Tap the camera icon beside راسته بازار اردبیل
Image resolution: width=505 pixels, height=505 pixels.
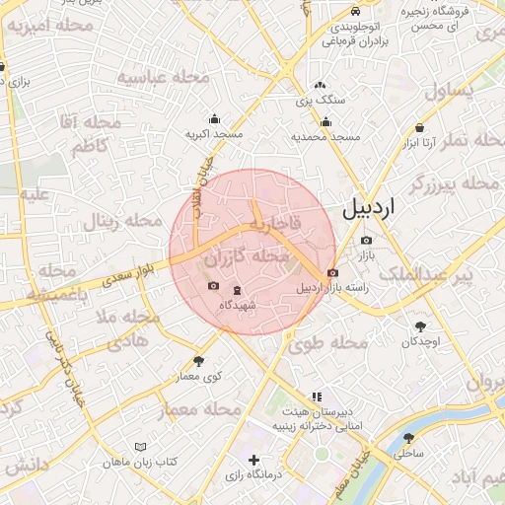(x=332, y=272)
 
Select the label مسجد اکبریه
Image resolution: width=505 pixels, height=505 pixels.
(x=214, y=132)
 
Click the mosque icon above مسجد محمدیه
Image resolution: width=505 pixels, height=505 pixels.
(x=325, y=122)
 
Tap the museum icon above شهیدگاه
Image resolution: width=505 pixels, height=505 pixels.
(x=236, y=289)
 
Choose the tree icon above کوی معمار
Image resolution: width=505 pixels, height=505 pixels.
(x=199, y=361)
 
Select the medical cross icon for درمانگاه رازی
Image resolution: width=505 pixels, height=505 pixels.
(x=253, y=460)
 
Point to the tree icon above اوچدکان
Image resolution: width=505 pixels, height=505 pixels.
(x=420, y=325)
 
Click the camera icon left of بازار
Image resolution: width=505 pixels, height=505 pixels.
(x=367, y=240)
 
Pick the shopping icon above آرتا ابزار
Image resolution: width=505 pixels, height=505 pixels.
(x=421, y=127)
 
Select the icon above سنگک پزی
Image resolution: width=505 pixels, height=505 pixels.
(x=320, y=85)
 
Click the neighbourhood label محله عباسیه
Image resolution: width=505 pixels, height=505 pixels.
(x=164, y=77)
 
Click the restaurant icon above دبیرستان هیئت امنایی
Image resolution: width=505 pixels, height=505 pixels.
(x=316, y=396)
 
